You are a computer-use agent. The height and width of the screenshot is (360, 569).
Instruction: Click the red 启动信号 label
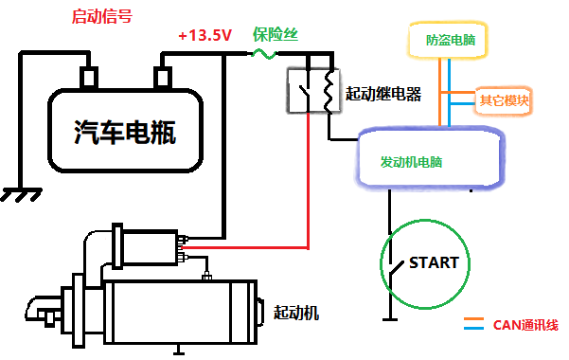102,16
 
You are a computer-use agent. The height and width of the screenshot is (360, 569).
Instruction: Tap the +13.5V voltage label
204,36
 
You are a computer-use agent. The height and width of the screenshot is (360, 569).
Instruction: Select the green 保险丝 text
276,34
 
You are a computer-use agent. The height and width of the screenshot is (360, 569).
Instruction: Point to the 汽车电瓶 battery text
125,133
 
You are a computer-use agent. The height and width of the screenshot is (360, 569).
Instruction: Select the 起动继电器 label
383,94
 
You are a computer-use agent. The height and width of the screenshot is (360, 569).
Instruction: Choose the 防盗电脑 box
451,42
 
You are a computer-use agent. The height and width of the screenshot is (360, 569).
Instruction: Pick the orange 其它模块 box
503,99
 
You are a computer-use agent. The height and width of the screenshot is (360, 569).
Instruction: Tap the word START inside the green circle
433,262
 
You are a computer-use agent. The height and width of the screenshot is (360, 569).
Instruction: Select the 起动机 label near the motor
297,313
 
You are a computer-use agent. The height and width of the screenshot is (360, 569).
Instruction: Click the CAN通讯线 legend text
525,325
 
